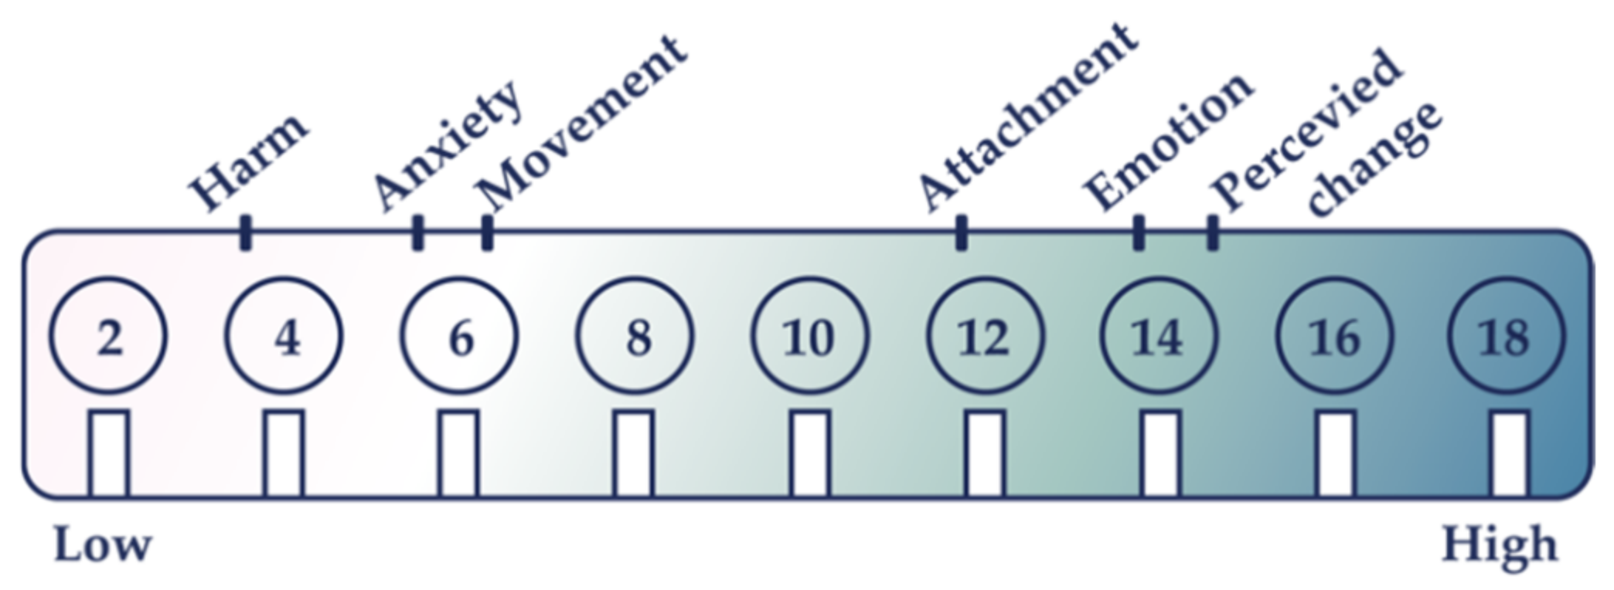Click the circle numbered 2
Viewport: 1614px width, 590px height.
[x=108, y=337]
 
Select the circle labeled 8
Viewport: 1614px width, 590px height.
[x=635, y=337]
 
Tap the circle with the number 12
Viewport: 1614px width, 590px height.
[x=985, y=337]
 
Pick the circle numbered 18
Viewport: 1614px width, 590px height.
[x=1506, y=337]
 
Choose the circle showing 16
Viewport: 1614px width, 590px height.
[x=1334, y=337]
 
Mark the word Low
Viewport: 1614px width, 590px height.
[x=103, y=545]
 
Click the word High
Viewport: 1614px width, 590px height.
[x=1500, y=545]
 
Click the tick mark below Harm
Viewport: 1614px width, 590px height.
[x=246, y=232]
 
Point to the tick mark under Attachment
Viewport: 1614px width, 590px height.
[x=961, y=232]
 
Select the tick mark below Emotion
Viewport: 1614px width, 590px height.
[x=1138, y=232]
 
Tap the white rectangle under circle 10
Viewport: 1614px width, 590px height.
[x=810, y=454]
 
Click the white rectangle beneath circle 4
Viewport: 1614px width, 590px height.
[x=284, y=454]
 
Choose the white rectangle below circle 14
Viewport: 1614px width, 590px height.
[x=1161, y=454]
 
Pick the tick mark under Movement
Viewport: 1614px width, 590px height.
[x=487, y=232]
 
